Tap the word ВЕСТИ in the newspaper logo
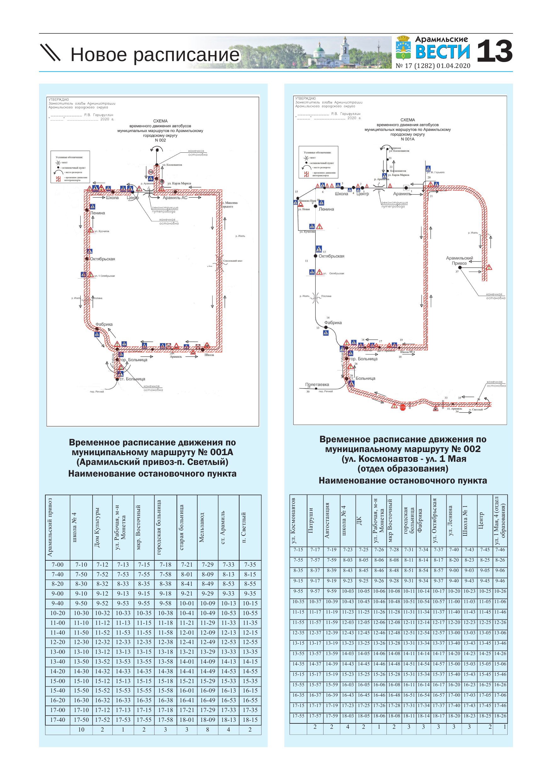[x=442, y=52]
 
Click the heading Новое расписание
[x=155, y=54]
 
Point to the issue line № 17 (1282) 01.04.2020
[x=433, y=66]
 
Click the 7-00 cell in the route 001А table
[x=58, y=565]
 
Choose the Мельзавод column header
[x=202, y=527]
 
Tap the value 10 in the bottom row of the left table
[x=81, y=729]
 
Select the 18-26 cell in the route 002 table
[x=500, y=716]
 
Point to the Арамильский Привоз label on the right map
[x=459, y=261]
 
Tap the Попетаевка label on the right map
[x=317, y=384]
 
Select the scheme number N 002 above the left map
[x=160, y=140]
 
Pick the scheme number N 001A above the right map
[x=408, y=139]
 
